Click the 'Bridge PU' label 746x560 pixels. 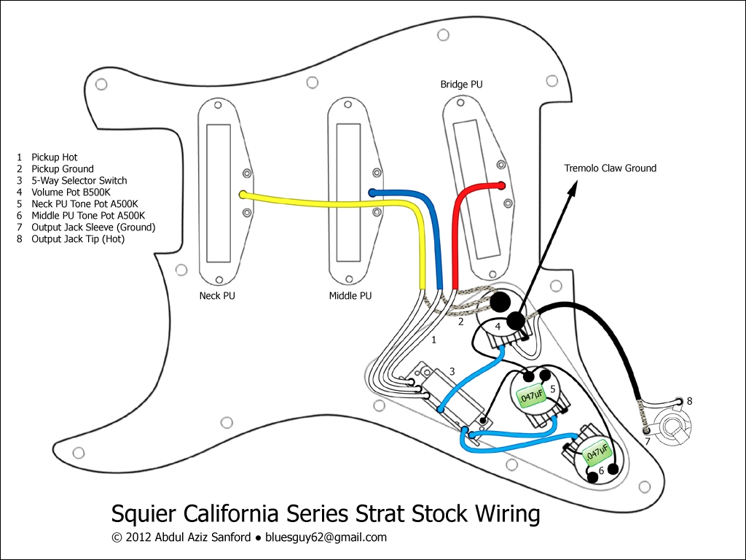click(461, 85)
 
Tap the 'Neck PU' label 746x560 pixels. click(217, 296)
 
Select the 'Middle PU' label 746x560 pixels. click(350, 296)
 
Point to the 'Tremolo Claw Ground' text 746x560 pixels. click(610, 168)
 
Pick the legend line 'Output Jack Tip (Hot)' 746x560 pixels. click(77, 239)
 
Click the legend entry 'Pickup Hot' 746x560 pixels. click(54, 157)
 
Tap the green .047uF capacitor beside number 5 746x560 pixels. click(530, 397)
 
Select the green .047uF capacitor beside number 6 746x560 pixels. click(594, 452)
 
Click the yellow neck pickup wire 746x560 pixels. click(328, 200)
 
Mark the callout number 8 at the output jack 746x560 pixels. click(689, 401)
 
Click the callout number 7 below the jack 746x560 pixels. click(647, 442)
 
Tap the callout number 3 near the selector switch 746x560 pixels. click(452, 372)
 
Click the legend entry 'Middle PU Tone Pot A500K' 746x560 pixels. click(87, 216)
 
